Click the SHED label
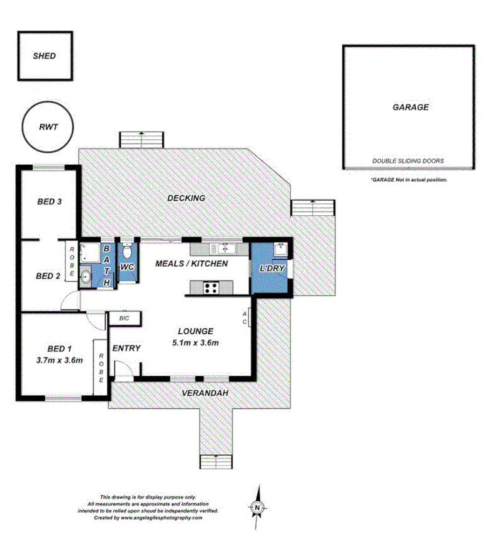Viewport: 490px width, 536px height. point(44,55)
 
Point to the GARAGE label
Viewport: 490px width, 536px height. point(410,107)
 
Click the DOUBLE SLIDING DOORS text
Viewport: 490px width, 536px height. point(408,161)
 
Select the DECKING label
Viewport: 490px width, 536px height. point(186,198)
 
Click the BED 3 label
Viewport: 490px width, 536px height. point(49,202)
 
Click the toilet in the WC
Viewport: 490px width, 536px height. point(127,253)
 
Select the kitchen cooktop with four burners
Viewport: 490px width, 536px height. point(209,288)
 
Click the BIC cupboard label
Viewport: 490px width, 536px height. point(123,319)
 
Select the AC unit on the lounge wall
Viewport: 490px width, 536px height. point(250,318)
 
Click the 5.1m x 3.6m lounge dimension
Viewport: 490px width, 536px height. point(196,342)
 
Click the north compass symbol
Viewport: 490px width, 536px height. point(257,505)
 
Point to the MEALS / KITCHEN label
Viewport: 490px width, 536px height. point(192,264)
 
